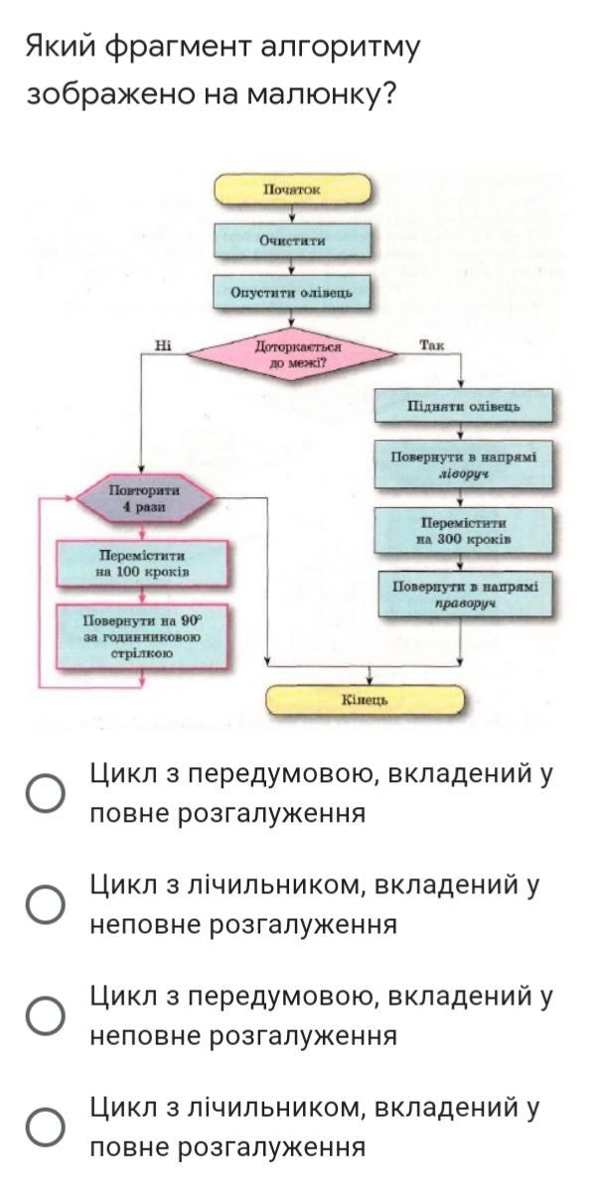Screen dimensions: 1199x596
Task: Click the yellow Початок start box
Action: [292, 189]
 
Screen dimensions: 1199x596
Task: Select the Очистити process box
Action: [292, 240]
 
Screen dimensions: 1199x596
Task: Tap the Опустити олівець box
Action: [292, 293]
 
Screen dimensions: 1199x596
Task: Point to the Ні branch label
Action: [164, 345]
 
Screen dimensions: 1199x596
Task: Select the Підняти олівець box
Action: [464, 408]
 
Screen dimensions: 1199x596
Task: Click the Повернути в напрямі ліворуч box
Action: [464, 466]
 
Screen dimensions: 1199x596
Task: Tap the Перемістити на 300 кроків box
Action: [464, 530]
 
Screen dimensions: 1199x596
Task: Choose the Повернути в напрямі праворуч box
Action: [464, 594]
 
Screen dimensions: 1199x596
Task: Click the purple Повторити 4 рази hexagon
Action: [144, 498]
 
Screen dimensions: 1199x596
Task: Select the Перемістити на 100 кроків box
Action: [144, 564]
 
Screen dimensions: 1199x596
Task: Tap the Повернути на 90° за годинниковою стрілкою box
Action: [144, 635]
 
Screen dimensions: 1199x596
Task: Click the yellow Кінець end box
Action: [365, 701]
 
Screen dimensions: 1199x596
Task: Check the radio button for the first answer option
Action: [46, 793]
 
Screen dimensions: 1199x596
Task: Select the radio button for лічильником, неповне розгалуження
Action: [46, 904]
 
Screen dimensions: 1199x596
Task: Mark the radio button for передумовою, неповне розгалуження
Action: [46, 1015]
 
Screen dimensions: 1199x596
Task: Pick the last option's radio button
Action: [46, 1127]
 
